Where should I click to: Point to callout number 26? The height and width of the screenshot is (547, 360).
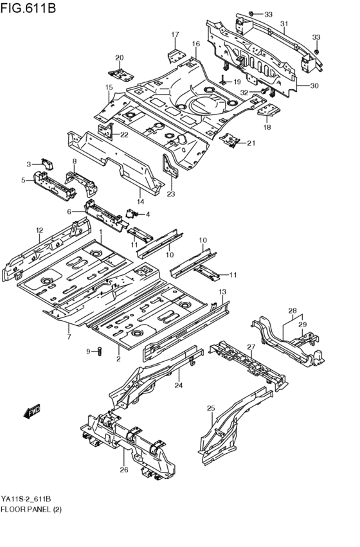pyautogui.click(x=123, y=470)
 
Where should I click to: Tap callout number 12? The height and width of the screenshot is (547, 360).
pyautogui.click(x=39, y=230)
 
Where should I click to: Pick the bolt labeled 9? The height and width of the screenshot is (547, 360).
pyautogui.click(x=100, y=350)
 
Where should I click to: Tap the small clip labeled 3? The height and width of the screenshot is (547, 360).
pyautogui.click(x=46, y=161)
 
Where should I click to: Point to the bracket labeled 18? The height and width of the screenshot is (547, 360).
pyautogui.click(x=269, y=112)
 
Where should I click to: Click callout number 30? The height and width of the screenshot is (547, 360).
pyautogui.click(x=314, y=86)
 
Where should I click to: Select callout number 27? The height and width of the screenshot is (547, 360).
pyautogui.click(x=251, y=348)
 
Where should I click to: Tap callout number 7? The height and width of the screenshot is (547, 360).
pyautogui.click(x=69, y=336)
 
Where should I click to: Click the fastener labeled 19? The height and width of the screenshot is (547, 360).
pyautogui.click(x=223, y=80)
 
